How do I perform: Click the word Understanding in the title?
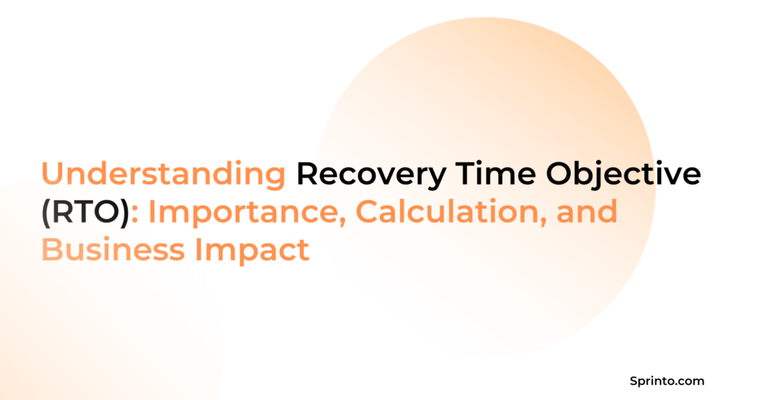pos(163,174)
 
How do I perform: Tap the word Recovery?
pos(371,174)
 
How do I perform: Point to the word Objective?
pos(623,174)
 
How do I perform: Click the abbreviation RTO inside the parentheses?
pos(85,212)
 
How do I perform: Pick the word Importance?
pos(245,212)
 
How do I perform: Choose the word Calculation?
pos(450,212)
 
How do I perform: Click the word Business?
pos(113,249)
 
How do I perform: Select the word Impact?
pos(252,250)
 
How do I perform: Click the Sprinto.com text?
pos(667,381)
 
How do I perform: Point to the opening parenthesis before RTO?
pos(46,213)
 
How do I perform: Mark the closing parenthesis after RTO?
pos(125,213)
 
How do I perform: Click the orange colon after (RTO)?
pos(135,215)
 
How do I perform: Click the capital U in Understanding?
pos(53,174)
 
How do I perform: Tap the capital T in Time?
pos(465,174)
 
